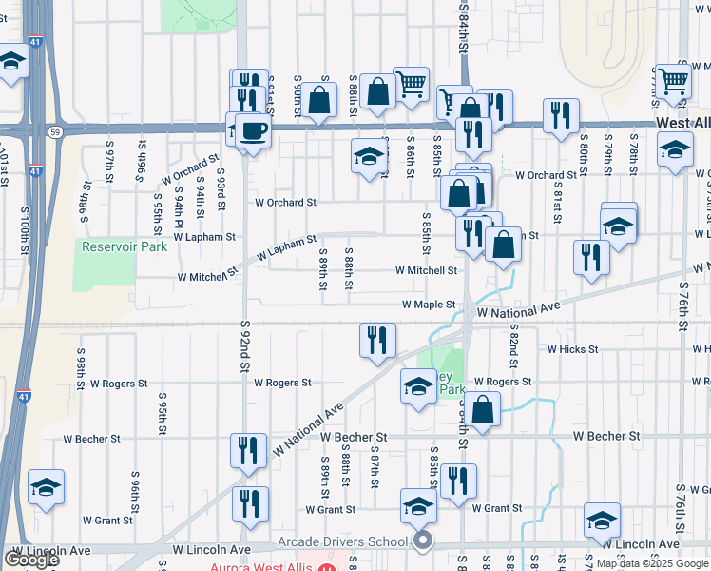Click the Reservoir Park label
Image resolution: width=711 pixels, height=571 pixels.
pos(125,246)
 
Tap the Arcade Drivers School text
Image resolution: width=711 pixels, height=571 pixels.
pos(342,542)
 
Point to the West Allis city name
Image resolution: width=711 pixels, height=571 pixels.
pos(682,125)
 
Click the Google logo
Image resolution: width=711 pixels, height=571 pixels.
pos(31,559)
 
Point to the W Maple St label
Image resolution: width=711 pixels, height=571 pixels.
pos(429,305)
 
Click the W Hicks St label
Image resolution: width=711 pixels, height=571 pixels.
pos(572,349)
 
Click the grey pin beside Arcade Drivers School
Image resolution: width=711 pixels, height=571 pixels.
pos(423,542)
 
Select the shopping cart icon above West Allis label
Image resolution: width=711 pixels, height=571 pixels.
pos(674,82)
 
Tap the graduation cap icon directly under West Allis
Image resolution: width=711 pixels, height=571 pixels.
pos(676,151)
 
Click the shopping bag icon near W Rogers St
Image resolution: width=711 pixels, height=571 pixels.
pos(484,410)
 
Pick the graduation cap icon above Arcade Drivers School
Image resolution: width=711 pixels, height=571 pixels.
pos(417,506)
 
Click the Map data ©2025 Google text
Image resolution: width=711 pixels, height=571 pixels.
pos(652,563)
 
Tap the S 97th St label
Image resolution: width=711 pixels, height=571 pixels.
pos(110,166)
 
